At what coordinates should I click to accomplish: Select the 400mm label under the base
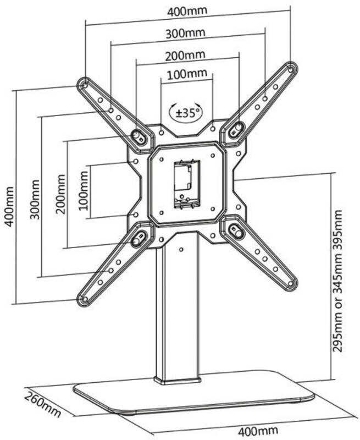258,430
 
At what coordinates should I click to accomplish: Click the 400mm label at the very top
187,11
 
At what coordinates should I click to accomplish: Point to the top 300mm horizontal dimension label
185,34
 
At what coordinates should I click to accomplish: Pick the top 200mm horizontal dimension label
185,56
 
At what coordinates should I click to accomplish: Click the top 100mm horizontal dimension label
187,74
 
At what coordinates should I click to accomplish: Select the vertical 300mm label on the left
35,200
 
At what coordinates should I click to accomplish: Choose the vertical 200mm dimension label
60,194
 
